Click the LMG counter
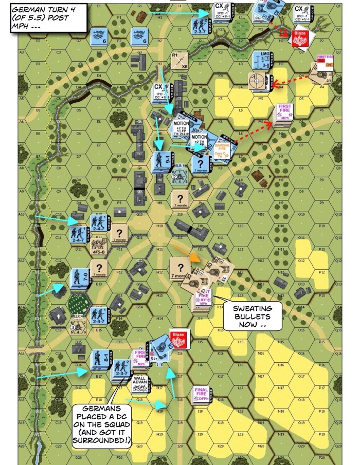click(263, 61)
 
